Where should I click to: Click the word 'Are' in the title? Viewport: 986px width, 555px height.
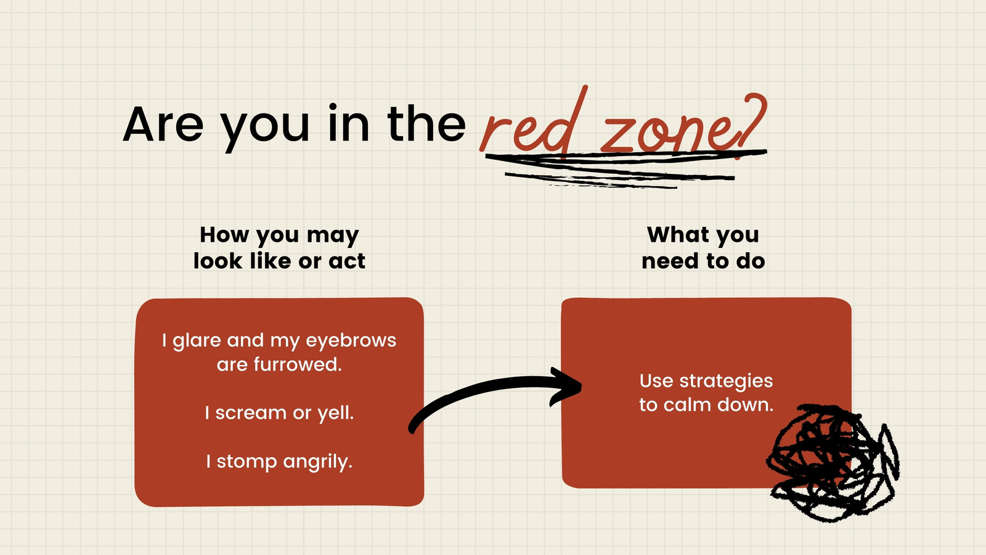pyautogui.click(x=163, y=124)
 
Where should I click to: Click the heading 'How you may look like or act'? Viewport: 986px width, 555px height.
pyautogui.click(x=280, y=247)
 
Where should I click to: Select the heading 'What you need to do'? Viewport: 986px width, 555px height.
pyautogui.click(x=703, y=247)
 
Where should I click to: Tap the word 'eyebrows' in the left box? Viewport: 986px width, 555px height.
pyautogui.click(x=351, y=341)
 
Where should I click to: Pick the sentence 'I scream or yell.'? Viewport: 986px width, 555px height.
pyautogui.click(x=280, y=413)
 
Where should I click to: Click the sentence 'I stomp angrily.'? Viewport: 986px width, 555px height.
pyautogui.click(x=280, y=462)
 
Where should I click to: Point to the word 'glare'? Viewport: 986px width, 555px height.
pyautogui.click(x=197, y=341)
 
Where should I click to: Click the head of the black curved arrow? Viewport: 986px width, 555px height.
pyautogui.click(x=567, y=386)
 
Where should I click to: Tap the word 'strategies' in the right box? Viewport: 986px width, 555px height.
pyautogui.click(x=726, y=382)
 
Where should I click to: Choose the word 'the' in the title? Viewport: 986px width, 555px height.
pyautogui.click(x=426, y=124)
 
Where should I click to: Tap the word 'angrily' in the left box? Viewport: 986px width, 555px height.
pyautogui.click(x=317, y=462)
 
